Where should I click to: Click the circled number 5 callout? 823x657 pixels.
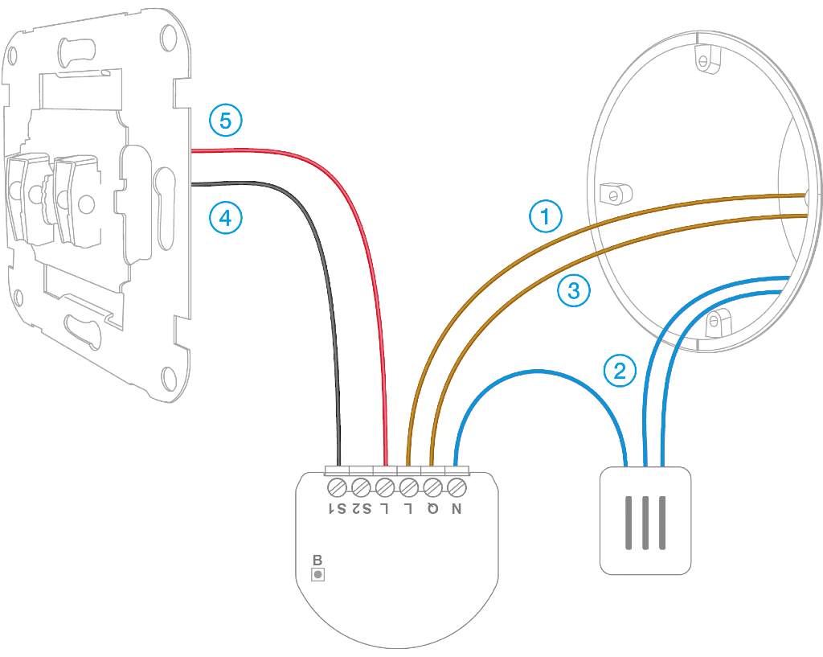[225, 121]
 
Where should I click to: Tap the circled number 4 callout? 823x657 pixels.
[225, 217]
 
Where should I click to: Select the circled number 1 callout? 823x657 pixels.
[546, 216]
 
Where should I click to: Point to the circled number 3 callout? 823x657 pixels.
[574, 291]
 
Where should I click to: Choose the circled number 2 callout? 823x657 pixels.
[620, 371]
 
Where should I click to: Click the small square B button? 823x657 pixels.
[317, 574]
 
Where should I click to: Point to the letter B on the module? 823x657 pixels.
[317, 560]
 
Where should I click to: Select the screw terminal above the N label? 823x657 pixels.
[457, 487]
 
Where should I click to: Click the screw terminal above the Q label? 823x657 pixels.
[432, 487]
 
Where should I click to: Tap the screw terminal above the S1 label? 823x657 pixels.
[338, 487]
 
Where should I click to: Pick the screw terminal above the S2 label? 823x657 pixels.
[361, 487]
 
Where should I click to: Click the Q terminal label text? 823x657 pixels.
[432, 508]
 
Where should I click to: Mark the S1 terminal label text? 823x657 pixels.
[338, 508]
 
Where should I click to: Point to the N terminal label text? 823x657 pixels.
[457, 508]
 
